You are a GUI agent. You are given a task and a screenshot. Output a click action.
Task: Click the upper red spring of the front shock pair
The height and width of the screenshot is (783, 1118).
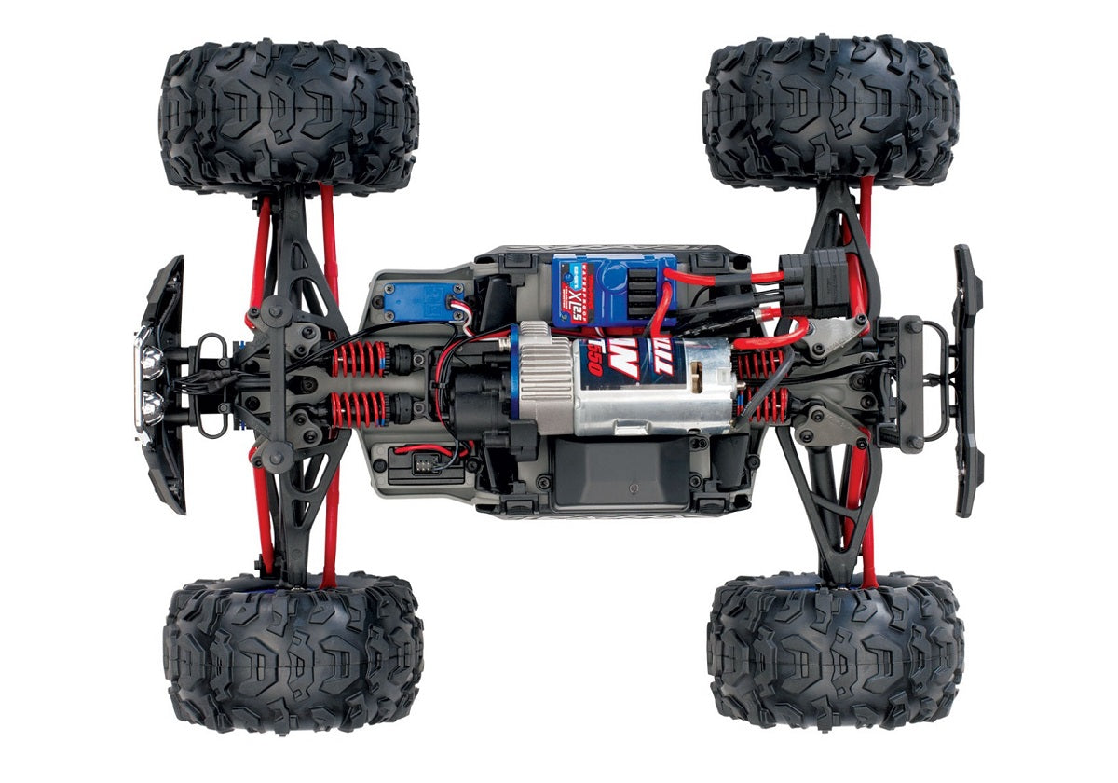click(359, 359)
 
